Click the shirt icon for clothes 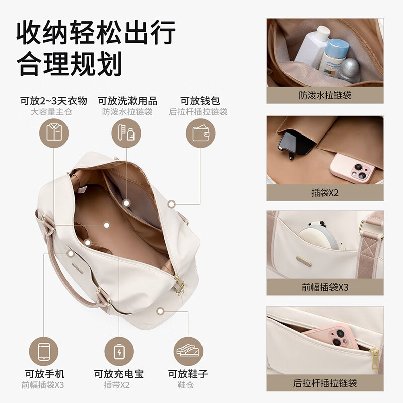[x=53, y=133]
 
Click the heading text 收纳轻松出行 [x=96, y=33]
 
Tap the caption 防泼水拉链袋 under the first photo [x=325, y=95]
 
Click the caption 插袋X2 [x=325, y=192]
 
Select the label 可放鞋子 [x=188, y=374]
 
